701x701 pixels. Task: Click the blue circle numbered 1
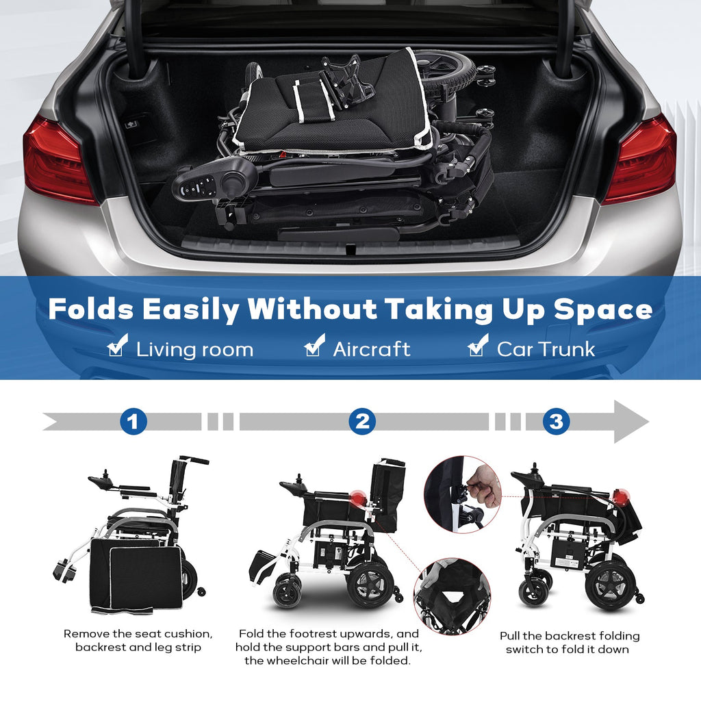133,421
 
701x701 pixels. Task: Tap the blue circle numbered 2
362,421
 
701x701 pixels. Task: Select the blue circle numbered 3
556,421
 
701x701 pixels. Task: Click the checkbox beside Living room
117,346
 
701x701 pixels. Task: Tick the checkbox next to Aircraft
314,346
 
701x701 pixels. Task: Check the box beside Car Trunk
477,346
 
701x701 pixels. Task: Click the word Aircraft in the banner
372,350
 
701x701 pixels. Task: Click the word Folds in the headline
91,308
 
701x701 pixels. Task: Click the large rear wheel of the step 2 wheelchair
370,585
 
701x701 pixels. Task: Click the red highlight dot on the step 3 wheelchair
620,496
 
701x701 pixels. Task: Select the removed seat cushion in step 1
136,576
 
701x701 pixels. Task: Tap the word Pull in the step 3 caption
509,636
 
